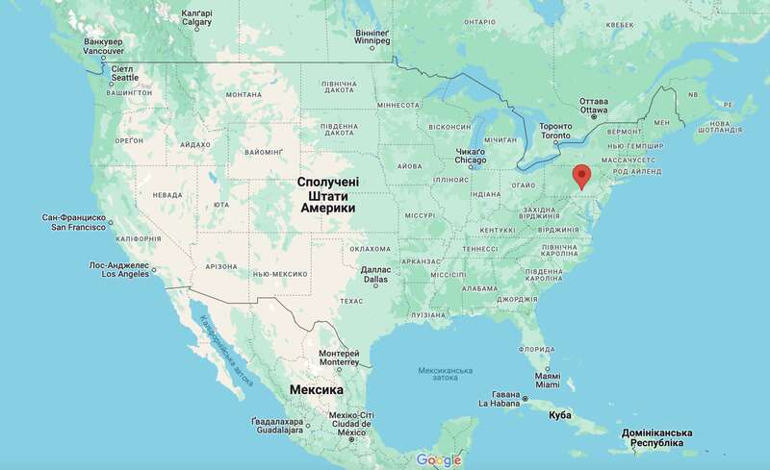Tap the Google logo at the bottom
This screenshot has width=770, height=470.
pos(439,460)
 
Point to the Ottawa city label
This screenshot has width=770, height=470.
pos(593,105)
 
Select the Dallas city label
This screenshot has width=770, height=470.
pos(374,274)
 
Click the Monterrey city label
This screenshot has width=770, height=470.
pos(340,358)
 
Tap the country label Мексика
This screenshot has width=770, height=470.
pos(317,391)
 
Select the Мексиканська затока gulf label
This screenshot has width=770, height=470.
pos(446,373)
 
